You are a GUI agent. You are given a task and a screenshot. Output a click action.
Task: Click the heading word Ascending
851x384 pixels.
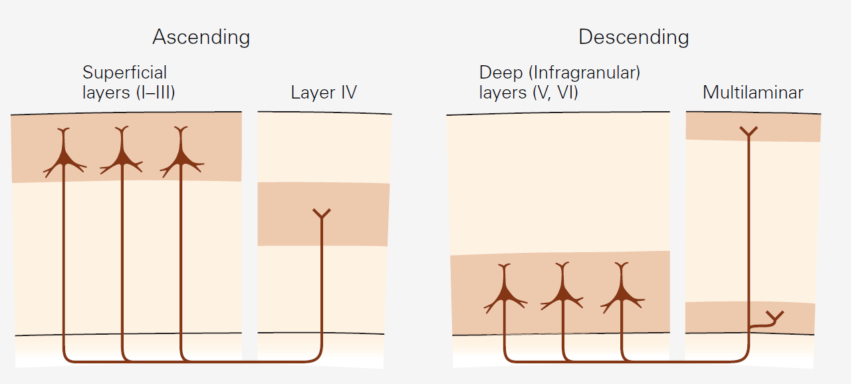pos(201,37)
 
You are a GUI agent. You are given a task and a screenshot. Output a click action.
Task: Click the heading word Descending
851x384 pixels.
pos(633,37)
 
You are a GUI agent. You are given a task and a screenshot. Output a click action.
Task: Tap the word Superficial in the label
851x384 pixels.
pos(124,73)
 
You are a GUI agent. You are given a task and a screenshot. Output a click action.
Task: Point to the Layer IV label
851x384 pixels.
pos(323,93)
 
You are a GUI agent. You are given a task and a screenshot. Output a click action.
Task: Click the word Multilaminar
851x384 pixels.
pos(753,93)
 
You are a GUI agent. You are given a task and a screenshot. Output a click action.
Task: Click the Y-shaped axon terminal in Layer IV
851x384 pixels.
pos(322,214)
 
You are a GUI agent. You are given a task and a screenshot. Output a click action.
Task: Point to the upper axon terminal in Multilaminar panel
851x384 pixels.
pos(749,132)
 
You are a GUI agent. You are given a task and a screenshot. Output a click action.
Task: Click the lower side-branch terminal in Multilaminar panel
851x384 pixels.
pos(775,315)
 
